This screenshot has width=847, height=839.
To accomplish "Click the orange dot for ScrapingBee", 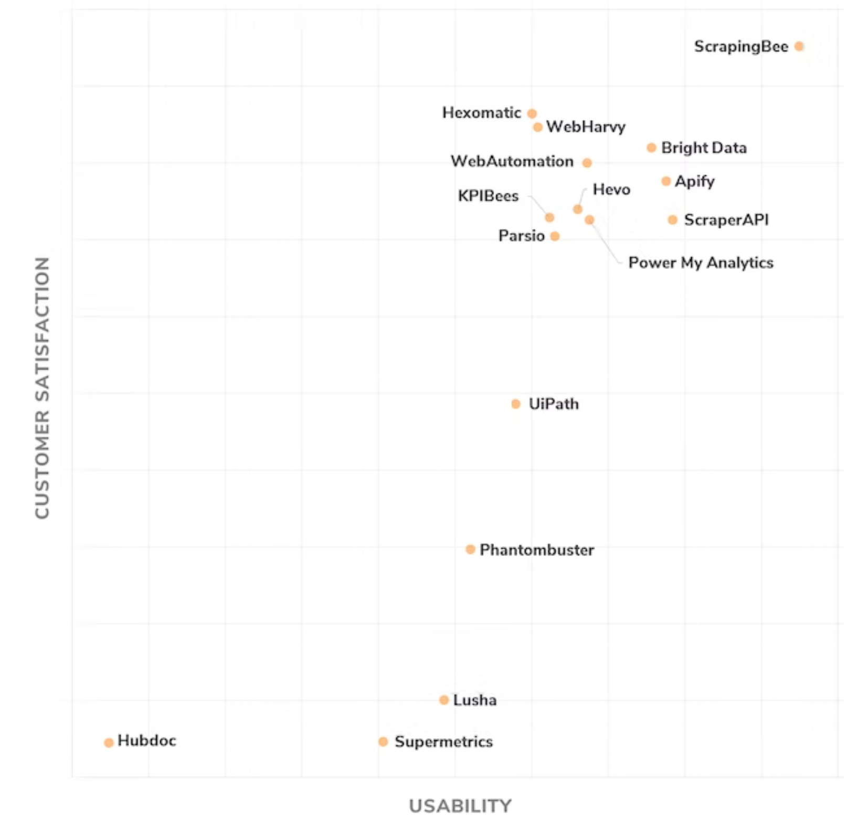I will tap(799, 46).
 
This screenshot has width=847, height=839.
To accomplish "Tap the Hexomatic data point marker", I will tap(532, 113).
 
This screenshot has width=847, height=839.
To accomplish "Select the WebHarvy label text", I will tap(586, 127).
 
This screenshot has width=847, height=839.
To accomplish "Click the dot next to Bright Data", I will tap(651, 148).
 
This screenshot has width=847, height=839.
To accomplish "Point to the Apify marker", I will tap(666, 181).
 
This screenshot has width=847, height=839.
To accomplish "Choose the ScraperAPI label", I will tap(726, 220).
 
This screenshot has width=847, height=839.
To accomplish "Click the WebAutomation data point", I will tap(587, 163).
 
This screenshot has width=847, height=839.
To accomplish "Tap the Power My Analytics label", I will tap(701, 263).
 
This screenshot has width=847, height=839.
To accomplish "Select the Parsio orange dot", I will tap(555, 236).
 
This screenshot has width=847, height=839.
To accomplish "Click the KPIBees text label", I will tap(488, 196).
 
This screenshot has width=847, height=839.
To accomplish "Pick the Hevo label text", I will tap(611, 190).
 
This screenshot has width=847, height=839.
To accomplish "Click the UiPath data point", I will tap(516, 404).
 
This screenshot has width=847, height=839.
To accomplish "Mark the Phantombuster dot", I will tap(470, 549).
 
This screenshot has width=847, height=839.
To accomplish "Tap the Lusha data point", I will tap(444, 700).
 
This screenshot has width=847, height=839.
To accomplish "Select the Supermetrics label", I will tap(443, 741).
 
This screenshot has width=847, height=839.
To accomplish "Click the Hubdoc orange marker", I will tap(109, 742).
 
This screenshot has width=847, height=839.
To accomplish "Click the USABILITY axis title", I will tap(460, 805).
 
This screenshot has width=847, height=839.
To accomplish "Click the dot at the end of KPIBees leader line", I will tap(549, 217).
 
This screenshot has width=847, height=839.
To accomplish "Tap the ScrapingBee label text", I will tap(741, 46).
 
